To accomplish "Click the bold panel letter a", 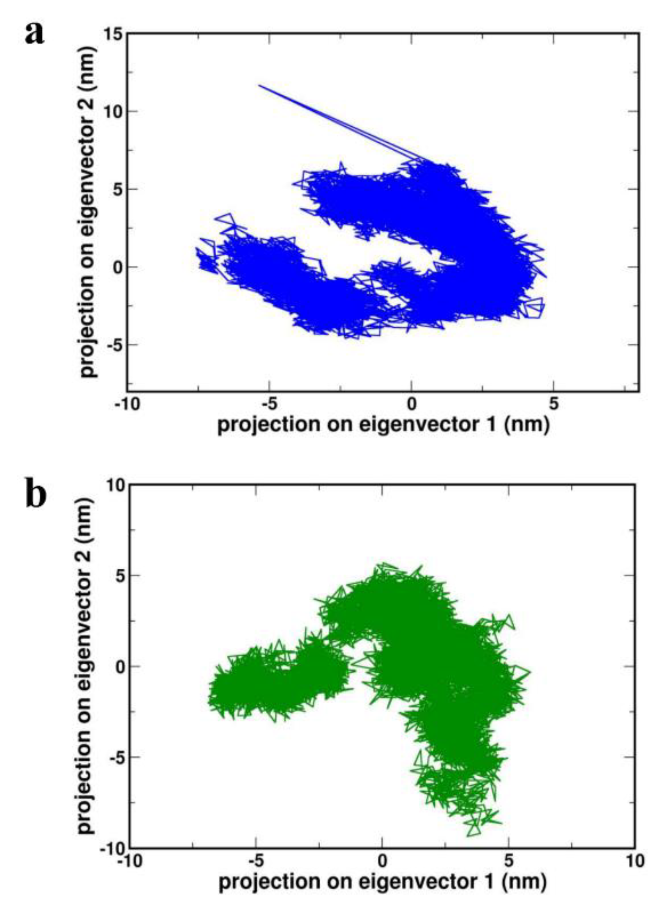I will click(34, 33).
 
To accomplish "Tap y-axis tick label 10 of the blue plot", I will click(112, 112).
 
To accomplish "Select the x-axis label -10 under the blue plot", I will click(127, 404).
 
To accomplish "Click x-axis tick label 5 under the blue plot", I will click(553, 404).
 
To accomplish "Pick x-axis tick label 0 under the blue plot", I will click(411, 404).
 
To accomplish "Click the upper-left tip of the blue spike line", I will click(259, 85).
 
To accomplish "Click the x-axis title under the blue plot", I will click(383, 424).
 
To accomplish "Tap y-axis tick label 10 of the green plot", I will click(115, 485).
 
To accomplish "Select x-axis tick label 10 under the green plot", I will click(635, 860).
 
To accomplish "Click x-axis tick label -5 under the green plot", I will click(255, 860).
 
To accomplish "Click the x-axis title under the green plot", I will click(382, 882).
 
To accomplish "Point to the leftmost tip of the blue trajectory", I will click(196, 249).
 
